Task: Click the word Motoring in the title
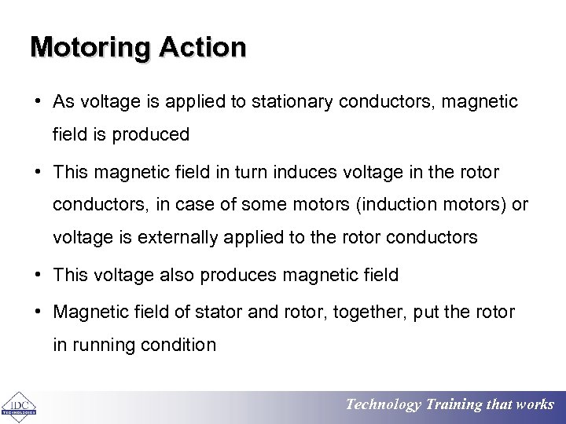click(x=91, y=48)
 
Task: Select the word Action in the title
click(x=203, y=48)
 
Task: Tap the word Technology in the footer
click(x=384, y=405)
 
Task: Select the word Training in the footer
click(x=454, y=405)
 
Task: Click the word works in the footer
click(x=535, y=405)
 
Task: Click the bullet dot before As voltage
click(x=38, y=102)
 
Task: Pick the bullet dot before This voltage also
click(x=38, y=275)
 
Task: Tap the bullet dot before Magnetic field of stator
click(x=38, y=313)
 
